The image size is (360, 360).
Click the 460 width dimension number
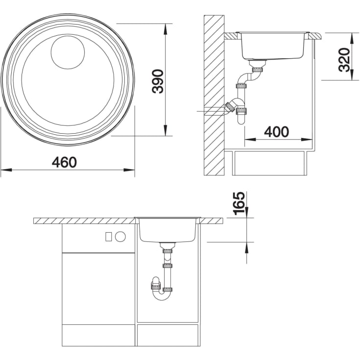64,162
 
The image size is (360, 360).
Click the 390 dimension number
158,81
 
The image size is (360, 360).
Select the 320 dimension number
344,60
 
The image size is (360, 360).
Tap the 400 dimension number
276,132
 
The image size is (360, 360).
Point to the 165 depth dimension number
239,203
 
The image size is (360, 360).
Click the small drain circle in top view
68,52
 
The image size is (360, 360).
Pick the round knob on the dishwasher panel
120,237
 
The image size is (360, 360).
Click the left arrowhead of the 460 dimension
6,170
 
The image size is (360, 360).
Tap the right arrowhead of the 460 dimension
129,170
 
